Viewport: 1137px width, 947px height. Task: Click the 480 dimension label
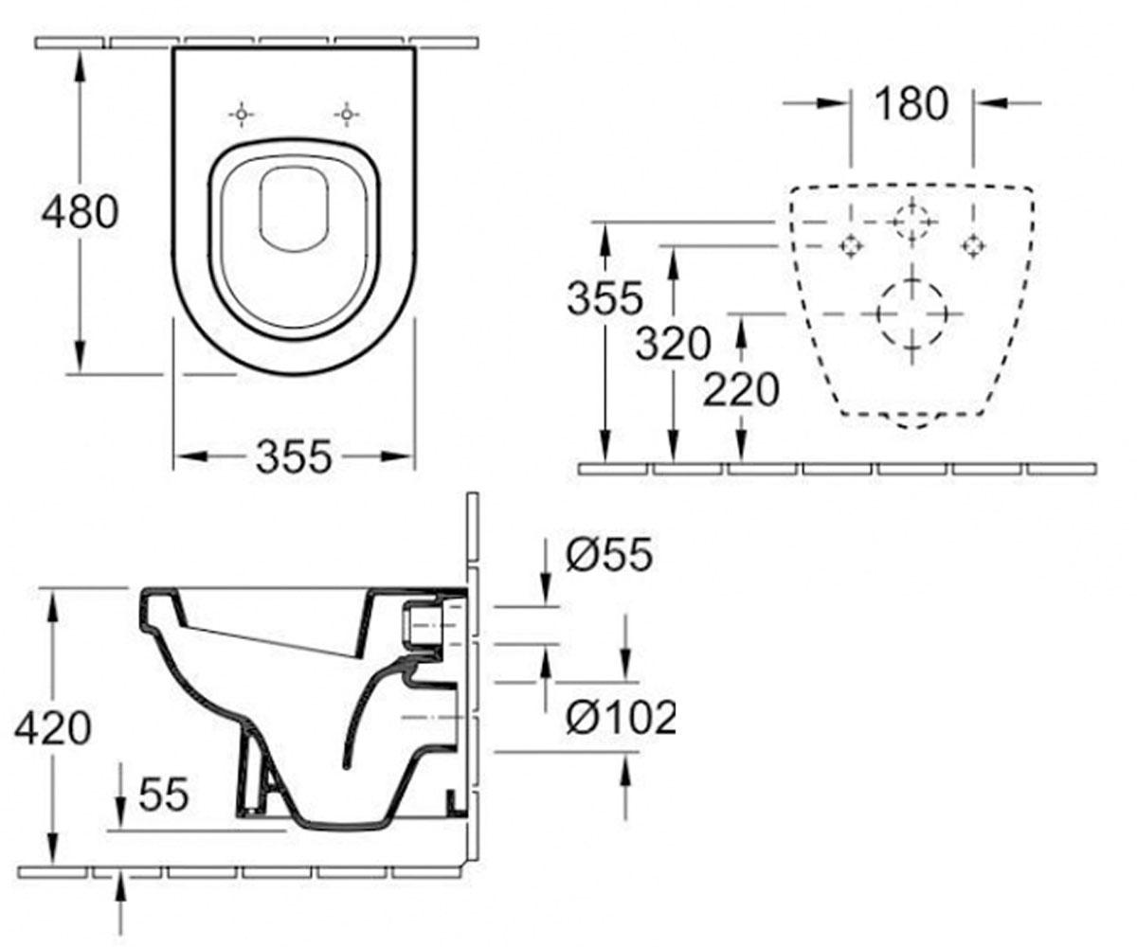80,212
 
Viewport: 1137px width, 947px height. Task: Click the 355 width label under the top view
294,456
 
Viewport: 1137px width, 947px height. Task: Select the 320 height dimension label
673,344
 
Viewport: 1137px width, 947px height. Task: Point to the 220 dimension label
741,389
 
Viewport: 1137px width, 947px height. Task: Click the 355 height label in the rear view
605,298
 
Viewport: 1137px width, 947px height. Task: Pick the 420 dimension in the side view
53,728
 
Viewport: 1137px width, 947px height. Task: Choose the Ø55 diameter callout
609,555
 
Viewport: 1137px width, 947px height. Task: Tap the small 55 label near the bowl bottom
163,795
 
